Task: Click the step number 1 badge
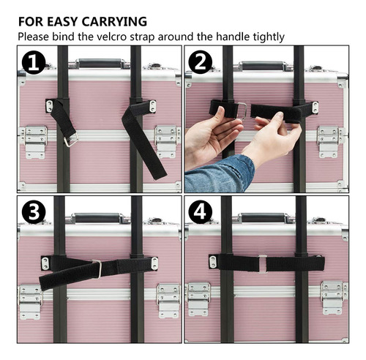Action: [34, 62]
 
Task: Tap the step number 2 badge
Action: [200, 62]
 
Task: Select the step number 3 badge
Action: [34, 211]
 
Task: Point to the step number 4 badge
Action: [200, 211]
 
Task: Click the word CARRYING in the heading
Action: [114, 21]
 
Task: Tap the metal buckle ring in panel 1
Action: [71, 140]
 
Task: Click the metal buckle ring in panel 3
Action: [97, 269]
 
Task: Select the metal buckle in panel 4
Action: [263, 264]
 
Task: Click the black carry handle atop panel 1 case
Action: [100, 63]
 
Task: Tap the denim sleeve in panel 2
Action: [220, 175]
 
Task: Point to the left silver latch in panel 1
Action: [36, 142]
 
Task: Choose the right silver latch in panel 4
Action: [333, 298]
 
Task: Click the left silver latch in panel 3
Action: [30, 302]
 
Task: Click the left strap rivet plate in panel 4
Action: [213, 262]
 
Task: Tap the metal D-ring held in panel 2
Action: [242, 110]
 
